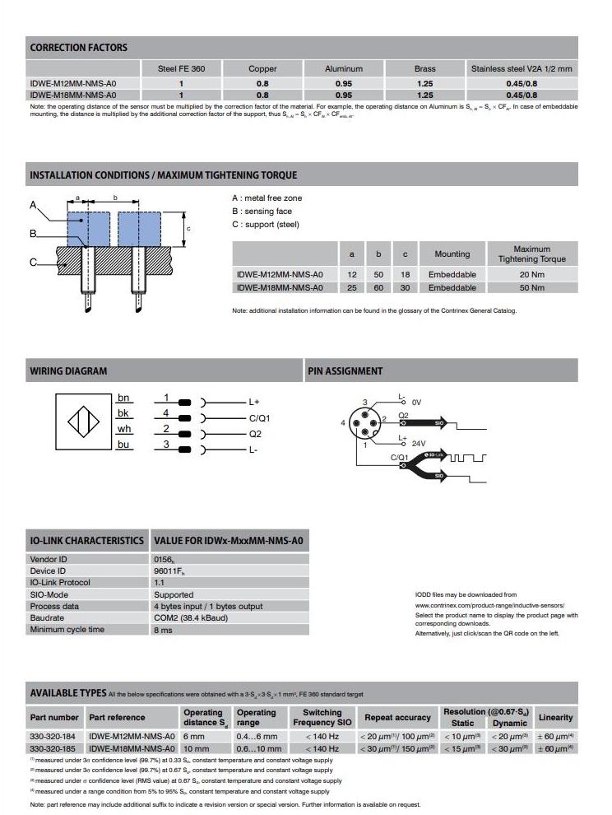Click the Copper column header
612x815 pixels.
262,69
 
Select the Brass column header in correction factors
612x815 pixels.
424,69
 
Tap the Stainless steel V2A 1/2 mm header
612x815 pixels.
521,69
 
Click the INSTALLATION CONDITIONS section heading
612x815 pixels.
164,175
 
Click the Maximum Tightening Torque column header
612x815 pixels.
531,254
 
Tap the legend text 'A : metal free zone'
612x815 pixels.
267,198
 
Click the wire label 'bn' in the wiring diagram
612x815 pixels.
123,398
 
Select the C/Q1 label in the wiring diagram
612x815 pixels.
259,418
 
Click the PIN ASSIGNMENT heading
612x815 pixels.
345,371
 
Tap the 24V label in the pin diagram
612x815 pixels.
419,443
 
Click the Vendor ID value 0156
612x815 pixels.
165,559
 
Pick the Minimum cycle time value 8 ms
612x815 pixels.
162,630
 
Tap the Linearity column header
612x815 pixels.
555,717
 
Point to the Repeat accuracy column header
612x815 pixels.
397,717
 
